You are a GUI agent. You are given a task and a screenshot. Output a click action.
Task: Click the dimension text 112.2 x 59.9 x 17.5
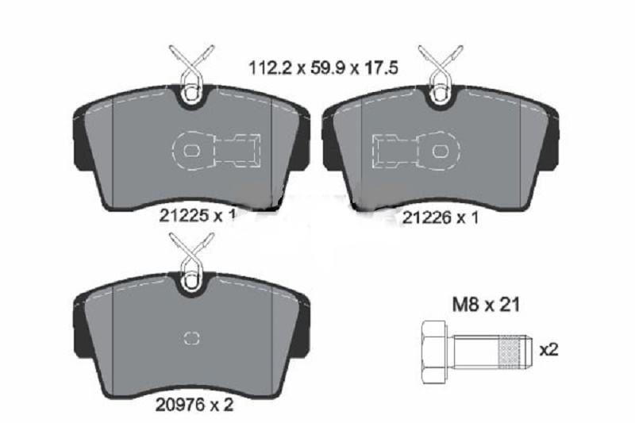point(323,67)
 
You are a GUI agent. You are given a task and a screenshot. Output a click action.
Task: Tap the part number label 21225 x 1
point(197,215)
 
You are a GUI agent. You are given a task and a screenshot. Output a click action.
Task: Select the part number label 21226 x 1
point(440,217)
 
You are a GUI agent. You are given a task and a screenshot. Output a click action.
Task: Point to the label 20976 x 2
point(194,405)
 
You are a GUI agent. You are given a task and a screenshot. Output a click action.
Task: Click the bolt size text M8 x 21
point(486,305)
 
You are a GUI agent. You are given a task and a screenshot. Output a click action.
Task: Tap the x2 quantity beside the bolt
point(548,350)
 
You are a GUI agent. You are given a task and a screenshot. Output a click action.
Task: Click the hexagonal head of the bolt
point(433,352)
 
